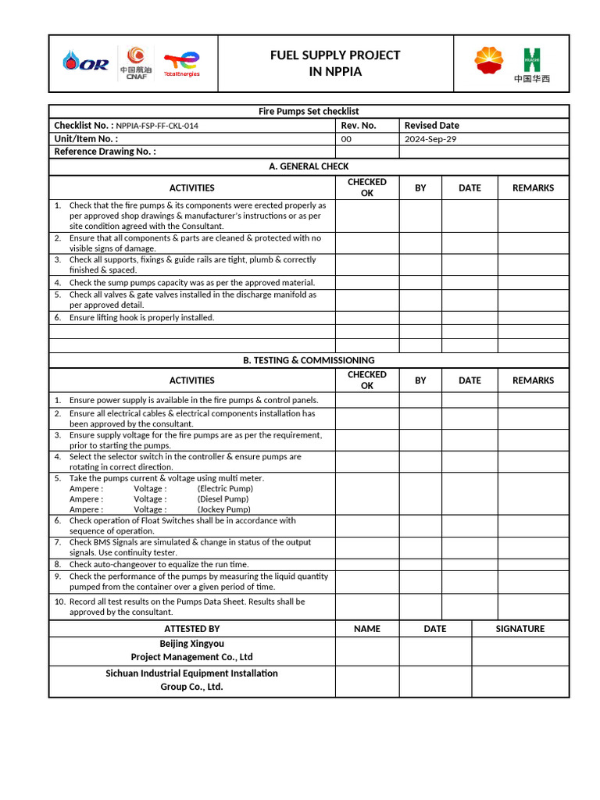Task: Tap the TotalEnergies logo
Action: click(x=181, y=63)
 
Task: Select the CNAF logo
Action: click(x=136, y=62)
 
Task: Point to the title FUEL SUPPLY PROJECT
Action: click(x=335, y=55)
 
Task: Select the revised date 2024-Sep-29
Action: click(x=430, y=139)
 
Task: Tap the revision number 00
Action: click(x=347, y=139)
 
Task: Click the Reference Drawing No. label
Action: click(x=105, y=152)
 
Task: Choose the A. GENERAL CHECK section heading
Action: click(x=309, y=166)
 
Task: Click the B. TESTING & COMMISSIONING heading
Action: click(x=309, y=360)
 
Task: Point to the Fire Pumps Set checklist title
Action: click(x=309, y=112)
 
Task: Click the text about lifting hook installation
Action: click(x=141, y=318)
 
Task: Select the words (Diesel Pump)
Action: click(x=223, y=499)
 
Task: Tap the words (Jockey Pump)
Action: click(x=223, y=509)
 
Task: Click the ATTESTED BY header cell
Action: click(x=192, y=629)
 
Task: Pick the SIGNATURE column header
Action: click(x=520, y=629)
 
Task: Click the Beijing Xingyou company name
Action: click(x=191, y=644)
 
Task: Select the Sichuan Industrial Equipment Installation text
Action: click(x=191, y=673)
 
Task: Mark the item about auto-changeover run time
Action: click(x=159, y=564)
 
